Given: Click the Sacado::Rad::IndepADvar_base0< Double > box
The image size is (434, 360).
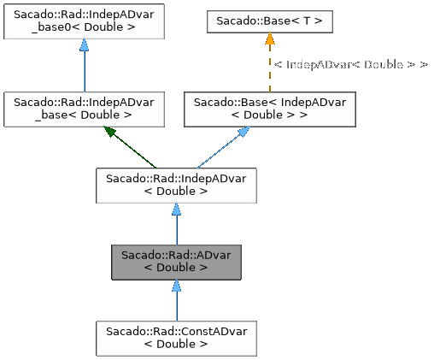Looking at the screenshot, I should pos(84,21).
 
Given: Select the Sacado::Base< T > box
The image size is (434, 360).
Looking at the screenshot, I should pos(269,21).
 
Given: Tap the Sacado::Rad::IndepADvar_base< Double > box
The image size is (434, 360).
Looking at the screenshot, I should pos(84,108).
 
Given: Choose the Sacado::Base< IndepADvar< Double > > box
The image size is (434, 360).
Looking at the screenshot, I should pos(270,108).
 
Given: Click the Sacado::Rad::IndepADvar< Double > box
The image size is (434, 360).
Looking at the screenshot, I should pos(175,184).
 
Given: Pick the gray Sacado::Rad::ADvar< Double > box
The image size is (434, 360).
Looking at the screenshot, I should pos(176,261).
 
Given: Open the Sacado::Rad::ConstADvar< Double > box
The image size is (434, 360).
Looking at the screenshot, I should pos(176,337).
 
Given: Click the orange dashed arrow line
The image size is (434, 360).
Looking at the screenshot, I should pos(269,73).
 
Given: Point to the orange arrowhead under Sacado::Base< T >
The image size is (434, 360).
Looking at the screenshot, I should pos(269,39).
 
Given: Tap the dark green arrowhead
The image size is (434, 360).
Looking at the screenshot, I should pos(110,132).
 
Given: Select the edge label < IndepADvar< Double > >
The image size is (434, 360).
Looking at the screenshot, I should pos(350,64).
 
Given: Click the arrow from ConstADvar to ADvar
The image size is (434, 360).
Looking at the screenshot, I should pos(176,304).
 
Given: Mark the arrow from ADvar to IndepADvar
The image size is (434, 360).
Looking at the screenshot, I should pos(176,227).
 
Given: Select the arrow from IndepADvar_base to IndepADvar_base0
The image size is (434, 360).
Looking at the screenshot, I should pos(84,68).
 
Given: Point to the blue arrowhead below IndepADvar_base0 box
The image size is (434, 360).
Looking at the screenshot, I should pos(84,46).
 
